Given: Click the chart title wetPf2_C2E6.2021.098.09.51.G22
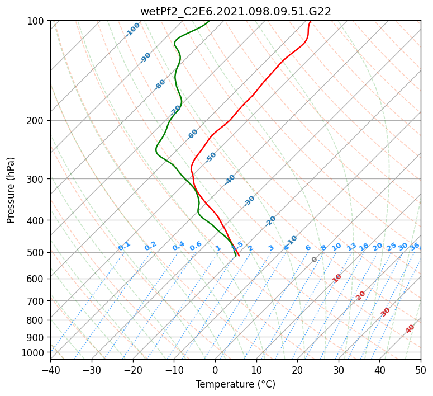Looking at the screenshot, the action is (x=236, y=12).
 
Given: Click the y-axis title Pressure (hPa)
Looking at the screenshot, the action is (x=11, y=190).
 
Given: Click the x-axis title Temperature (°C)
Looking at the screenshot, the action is (x=236, y=384).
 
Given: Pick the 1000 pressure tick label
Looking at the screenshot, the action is (x=34, y=352).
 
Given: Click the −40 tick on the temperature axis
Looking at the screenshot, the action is (x=50, y=370).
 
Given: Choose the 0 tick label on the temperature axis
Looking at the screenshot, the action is (x=215, y=370).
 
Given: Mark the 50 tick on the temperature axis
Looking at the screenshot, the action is (x=421, y=370).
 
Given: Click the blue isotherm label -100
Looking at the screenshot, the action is (x=132, y=30).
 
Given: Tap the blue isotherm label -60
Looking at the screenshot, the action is (x=192, y=134).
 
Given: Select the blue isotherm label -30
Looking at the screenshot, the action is (x=249, y=201).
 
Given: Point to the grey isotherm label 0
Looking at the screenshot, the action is (x=314, y=260).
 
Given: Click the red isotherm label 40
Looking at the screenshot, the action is (x=410, y=329).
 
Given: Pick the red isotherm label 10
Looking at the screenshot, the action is (x=337, y=278).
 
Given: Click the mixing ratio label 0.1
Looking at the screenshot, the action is (x=124, y=246).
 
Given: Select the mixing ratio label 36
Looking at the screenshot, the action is (x=415, y=247).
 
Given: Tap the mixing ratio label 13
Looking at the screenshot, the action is (x=351, y=247).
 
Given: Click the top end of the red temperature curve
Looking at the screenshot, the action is (x=311, y=21).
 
